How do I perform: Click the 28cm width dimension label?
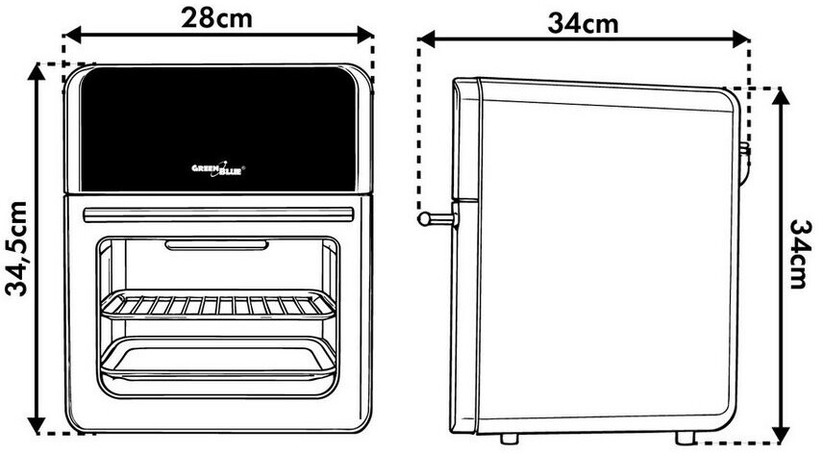point(218,17)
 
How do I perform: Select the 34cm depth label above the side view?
point(584,23)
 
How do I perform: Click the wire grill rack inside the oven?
point(218,306)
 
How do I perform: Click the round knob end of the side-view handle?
point(424,218)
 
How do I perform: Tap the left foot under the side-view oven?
point(508,439)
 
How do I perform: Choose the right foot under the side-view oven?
point(683,439)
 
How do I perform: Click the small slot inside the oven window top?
point(218,246)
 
